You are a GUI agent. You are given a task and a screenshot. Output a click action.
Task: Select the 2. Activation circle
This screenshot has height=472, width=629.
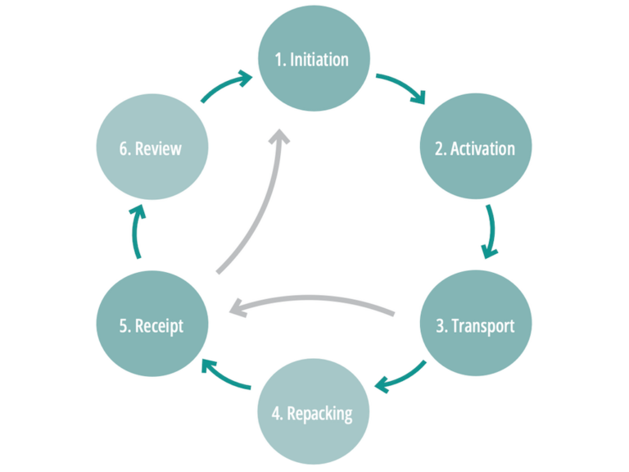tap(476, 149)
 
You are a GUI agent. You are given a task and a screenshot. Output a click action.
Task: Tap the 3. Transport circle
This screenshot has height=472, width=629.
tap(476, 325)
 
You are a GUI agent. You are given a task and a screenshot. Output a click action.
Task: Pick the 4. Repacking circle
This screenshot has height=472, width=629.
tap(314, 414)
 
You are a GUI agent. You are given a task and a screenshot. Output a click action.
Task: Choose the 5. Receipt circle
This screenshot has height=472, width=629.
tap(152, 325)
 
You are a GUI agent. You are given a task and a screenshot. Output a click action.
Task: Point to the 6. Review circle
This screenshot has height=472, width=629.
tap(152, 149)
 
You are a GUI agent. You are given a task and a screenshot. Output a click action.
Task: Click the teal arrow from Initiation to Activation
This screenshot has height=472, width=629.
tap(401, 87)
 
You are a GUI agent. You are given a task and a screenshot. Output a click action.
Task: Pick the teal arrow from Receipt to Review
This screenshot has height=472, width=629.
tap(137, 232)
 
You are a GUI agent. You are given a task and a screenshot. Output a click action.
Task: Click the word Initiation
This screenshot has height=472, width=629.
tap(319, 60)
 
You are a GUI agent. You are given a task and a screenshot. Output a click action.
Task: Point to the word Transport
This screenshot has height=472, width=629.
tap(483, 325)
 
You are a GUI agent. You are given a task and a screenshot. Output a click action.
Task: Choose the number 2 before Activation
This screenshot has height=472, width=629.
tap(440, 149)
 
